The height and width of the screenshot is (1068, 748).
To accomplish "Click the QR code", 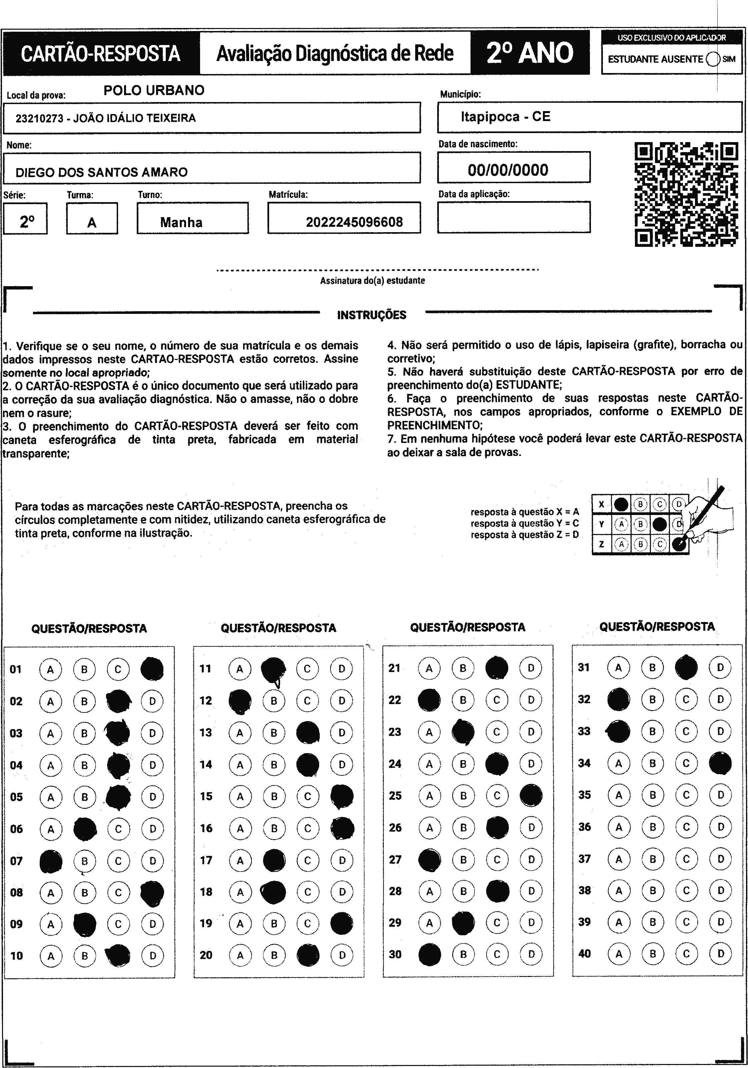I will [x=686, y=194].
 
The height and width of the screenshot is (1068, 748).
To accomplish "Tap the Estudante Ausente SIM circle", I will [x=713, y=59].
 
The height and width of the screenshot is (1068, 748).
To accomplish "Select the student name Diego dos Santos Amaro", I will [x=101, y=172].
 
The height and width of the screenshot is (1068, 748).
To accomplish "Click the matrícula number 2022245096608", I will [x=354, y=222].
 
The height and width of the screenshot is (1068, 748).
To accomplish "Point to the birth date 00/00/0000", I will [x=508, y=170].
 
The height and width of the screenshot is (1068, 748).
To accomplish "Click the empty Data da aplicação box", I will [x=514, y=217].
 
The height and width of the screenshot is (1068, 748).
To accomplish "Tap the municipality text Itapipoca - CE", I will [x=505, y=116].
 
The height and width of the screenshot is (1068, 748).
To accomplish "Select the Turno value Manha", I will [x=181, y=222].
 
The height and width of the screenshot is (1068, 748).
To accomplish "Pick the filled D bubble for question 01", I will [x=152, y=669].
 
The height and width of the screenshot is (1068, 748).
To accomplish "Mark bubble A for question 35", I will [x=619, y=795].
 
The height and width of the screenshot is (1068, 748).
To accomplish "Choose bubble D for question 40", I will [x=720, y=954].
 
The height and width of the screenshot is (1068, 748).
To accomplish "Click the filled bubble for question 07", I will [x=51, y=861].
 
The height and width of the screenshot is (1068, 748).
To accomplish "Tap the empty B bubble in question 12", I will [x=274, y=700].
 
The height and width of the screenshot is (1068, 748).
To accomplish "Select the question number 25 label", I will [x=395, y=796].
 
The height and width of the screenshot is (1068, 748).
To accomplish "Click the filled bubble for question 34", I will [x=720, y=763].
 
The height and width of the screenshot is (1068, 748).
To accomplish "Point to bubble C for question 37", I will [x=686, y=859].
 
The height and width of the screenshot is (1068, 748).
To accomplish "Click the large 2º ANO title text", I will [x=530, y=53].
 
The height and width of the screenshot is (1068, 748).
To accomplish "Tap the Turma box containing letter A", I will [x=92, y=218].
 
